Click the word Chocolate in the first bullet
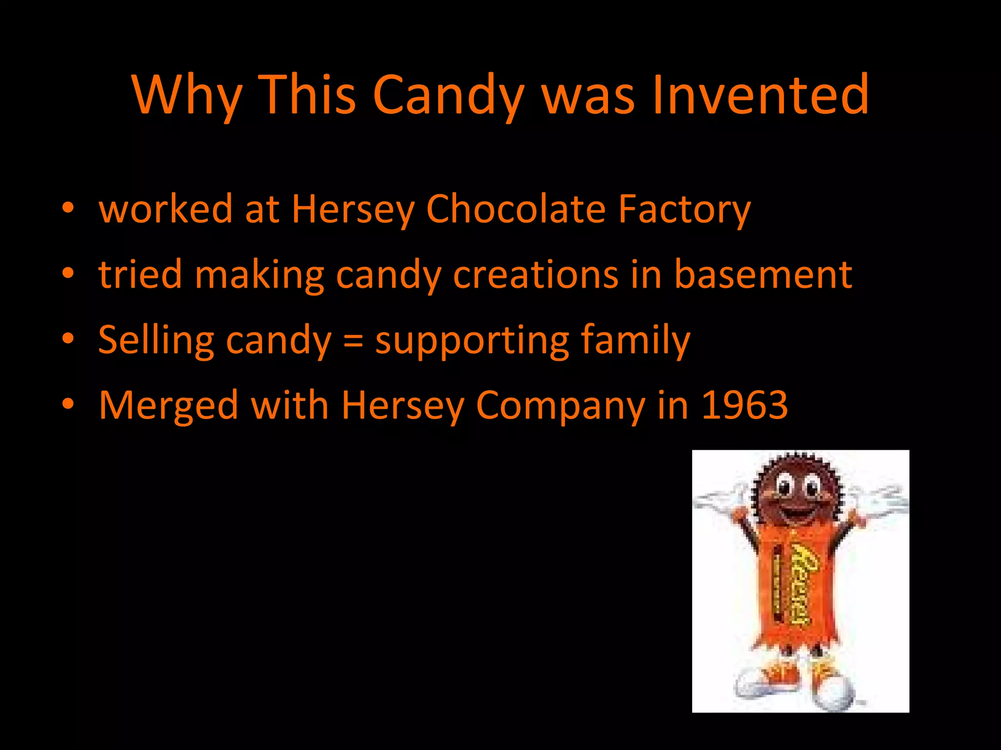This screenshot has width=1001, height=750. click(x=516, y=209)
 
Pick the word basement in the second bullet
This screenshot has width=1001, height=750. click(x=763, y=274)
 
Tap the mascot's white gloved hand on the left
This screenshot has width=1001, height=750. click(x=718, y=500)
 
